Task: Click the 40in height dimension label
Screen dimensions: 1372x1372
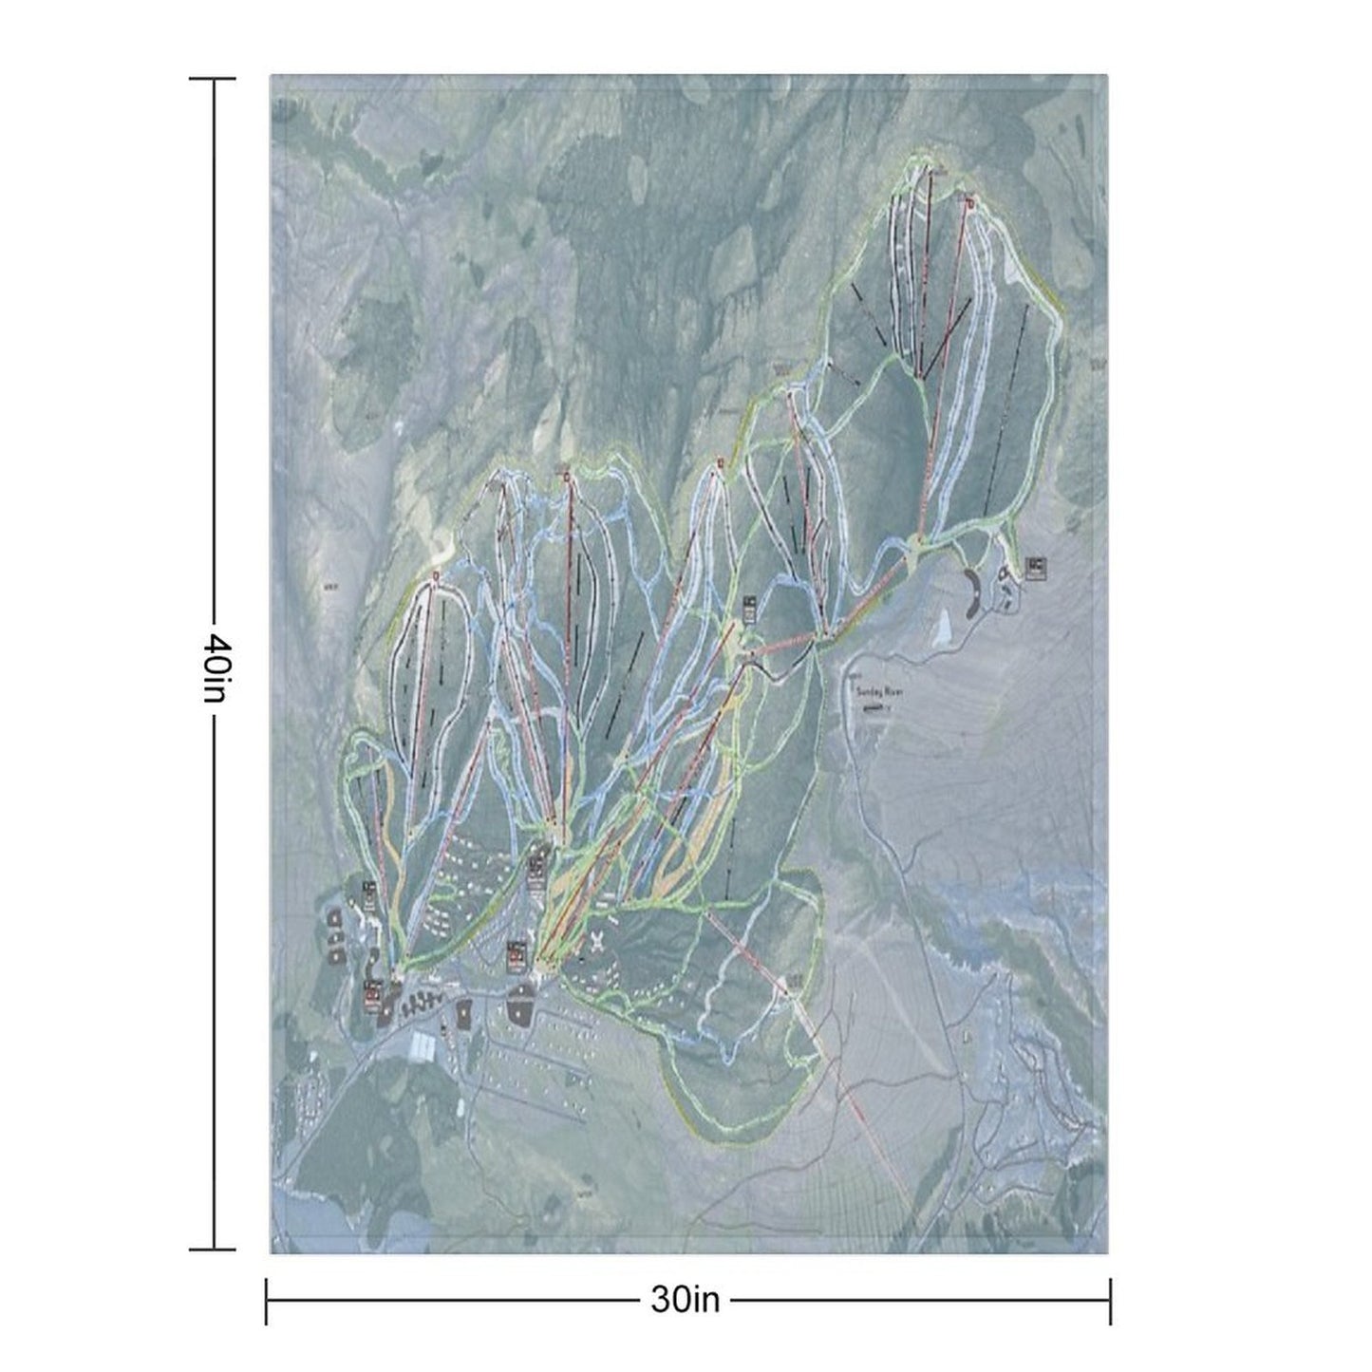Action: pos(213,666)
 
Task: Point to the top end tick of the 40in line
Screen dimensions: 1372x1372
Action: pos(213,80)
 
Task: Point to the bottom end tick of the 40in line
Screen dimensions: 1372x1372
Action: pos(213,1249)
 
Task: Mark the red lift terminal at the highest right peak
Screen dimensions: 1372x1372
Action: pos(969,201)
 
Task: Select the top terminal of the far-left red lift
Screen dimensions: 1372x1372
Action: pos(436,576)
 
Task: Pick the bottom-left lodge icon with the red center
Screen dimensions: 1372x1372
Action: pos(371,993)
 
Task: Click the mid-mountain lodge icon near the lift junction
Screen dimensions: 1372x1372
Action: pos(749,608)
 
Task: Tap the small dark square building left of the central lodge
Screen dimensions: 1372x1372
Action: pos(465,1014)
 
